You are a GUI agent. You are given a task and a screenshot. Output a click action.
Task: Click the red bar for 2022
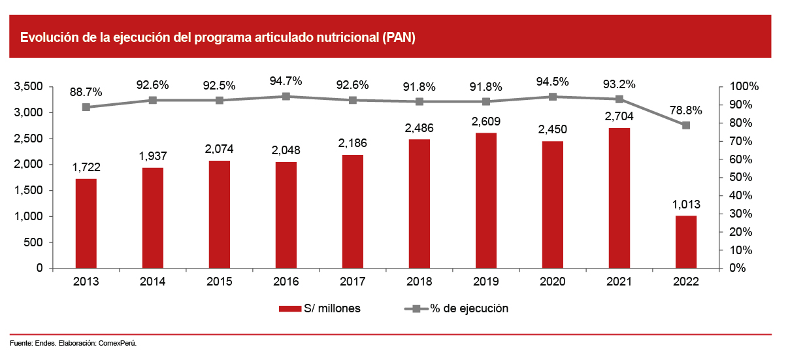coord(686,242)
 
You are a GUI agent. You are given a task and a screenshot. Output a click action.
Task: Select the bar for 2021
coord(619,198)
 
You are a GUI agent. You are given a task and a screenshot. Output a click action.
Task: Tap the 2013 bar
coord(86,223)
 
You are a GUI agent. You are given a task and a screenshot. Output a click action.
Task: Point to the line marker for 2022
coord(686,125)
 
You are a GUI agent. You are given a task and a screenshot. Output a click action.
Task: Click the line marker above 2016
coord(286,96)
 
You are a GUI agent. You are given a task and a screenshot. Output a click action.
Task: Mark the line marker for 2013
coord(86,107)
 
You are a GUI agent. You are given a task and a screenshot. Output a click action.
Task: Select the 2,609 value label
coord(486,121)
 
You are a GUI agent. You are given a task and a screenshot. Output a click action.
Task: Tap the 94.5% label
coord(553,82)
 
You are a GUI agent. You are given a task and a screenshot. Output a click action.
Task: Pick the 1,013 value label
coord(686,204)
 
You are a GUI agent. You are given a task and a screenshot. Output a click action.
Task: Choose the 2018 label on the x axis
coord(419,282)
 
